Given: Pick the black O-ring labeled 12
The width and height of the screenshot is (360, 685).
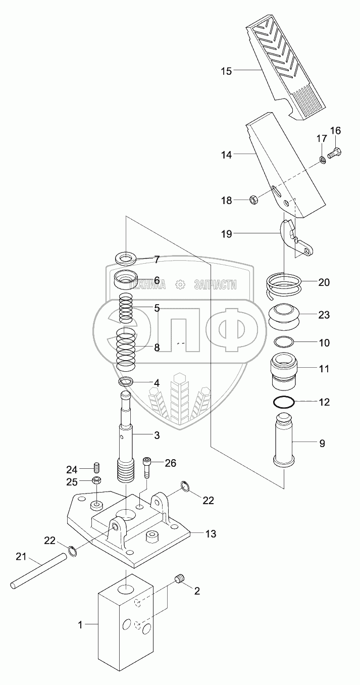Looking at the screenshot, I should (284, 403).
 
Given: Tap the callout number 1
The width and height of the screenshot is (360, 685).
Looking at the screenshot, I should (80, 625).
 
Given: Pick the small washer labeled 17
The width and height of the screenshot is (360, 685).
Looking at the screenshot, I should (322, 161).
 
